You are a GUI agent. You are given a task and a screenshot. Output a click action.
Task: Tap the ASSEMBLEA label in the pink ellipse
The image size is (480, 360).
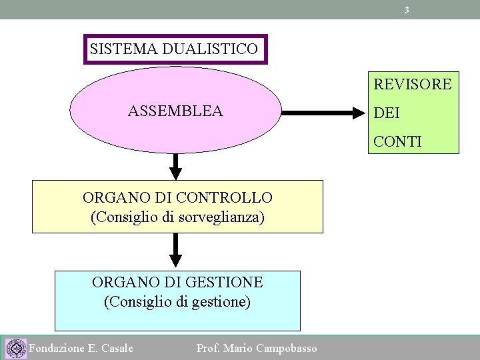175,111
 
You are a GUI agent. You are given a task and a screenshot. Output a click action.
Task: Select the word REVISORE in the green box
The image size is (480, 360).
412,84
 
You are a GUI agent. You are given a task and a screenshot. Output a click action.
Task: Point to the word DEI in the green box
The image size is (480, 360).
387,113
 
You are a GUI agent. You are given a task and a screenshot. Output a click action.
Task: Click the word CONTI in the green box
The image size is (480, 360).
397,141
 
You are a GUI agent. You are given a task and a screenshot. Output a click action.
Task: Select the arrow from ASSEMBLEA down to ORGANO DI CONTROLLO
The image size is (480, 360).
175,166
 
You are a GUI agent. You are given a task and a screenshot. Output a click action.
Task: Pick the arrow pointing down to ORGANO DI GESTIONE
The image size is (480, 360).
175,251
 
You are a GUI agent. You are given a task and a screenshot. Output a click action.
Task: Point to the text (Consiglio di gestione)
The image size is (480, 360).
177,301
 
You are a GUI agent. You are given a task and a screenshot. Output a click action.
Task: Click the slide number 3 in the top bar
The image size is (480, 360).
407,10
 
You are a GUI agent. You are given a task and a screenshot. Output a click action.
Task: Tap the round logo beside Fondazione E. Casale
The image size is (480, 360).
14,348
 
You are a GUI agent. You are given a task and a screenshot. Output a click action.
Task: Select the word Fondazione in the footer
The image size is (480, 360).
57,348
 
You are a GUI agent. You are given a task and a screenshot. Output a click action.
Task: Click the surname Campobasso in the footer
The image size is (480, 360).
287,348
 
